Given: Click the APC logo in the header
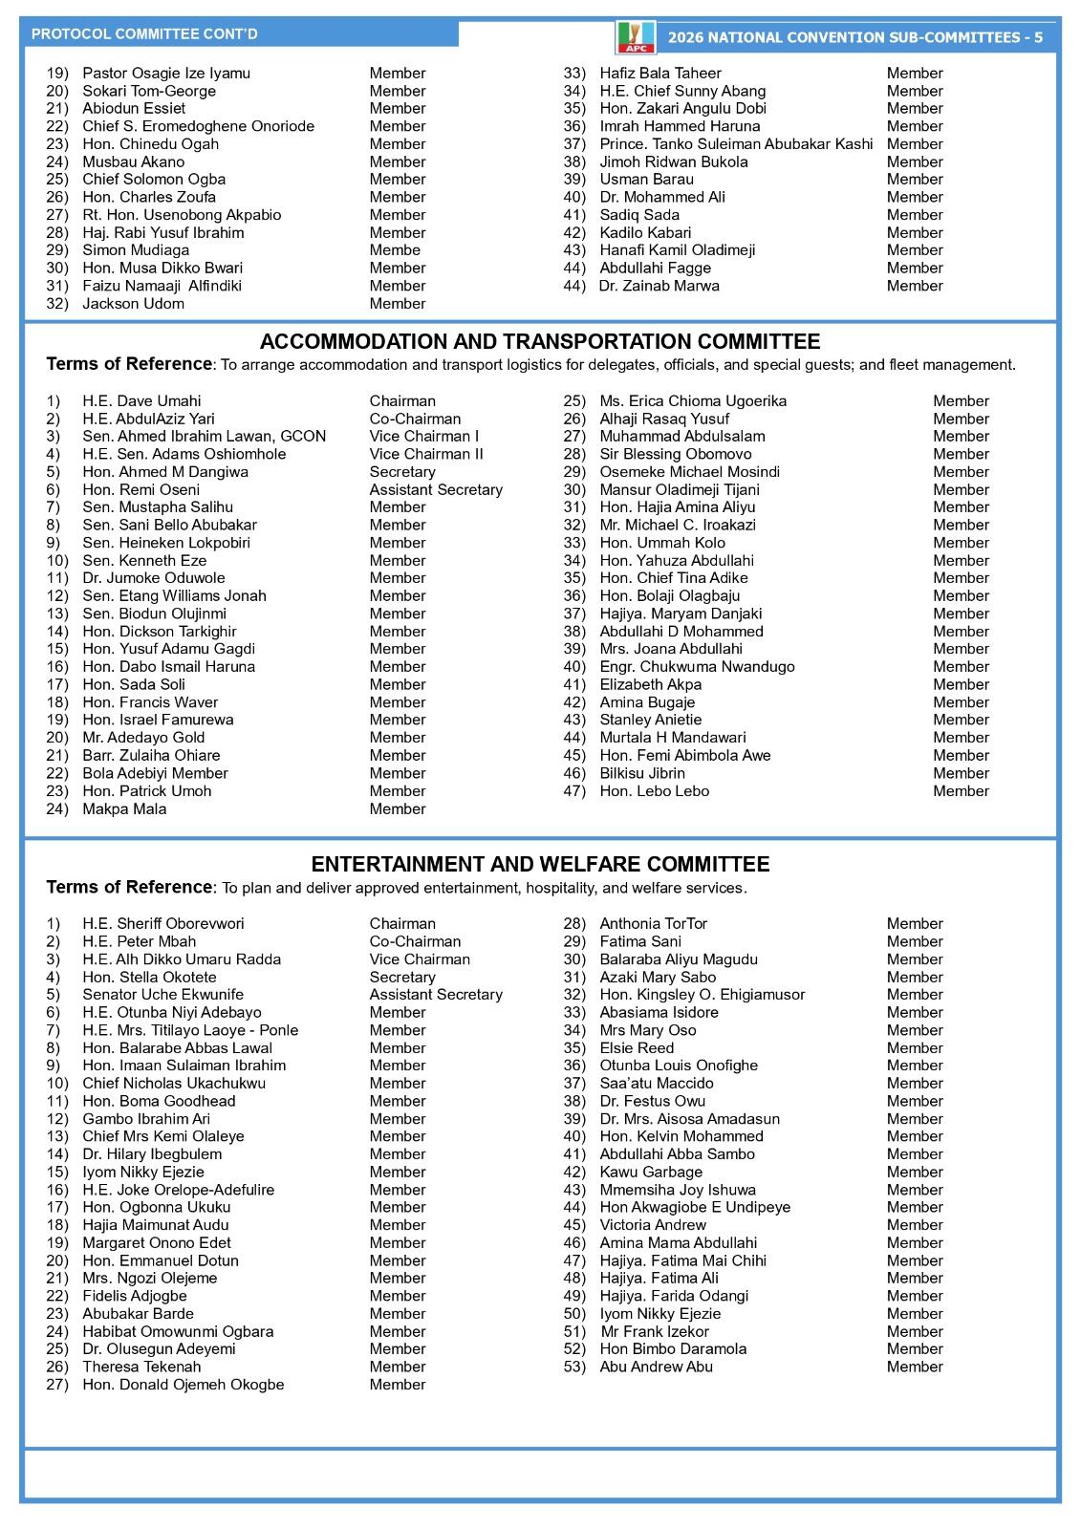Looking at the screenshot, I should (x=636, y=37).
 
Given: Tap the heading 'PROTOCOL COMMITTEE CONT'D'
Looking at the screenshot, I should (x=144, y=34).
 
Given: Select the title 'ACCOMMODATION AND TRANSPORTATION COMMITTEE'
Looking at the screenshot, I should (x=540, y=342).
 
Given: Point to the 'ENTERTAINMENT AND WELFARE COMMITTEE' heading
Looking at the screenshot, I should (x=540, y=865).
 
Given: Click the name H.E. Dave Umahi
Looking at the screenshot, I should (x=141, y=401).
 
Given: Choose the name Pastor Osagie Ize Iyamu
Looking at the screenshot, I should (x=166, y=74).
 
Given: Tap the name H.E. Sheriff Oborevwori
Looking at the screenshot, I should (x=163, y=924).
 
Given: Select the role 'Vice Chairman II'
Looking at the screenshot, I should (x=426, y=455).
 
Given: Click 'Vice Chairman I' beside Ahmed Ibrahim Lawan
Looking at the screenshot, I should (x=423, y=437).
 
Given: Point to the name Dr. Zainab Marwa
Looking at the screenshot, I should (x=659, y=286).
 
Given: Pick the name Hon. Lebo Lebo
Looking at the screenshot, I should (x=655, y=791).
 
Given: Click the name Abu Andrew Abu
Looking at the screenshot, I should (x=656, y=1367).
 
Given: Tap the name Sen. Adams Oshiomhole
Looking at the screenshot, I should (x=184, y=455).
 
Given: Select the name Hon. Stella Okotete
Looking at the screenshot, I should (x=149, y=978).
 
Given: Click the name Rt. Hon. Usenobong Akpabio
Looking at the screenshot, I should (x=182, y=215).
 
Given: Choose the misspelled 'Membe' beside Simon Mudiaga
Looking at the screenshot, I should (x=395, y=250).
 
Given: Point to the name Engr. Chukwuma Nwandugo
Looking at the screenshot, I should (x=697, y=667).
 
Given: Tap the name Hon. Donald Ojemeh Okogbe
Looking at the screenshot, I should (x=184, y=1385).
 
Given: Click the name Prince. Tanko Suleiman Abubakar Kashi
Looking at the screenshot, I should (x=736, y=144).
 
